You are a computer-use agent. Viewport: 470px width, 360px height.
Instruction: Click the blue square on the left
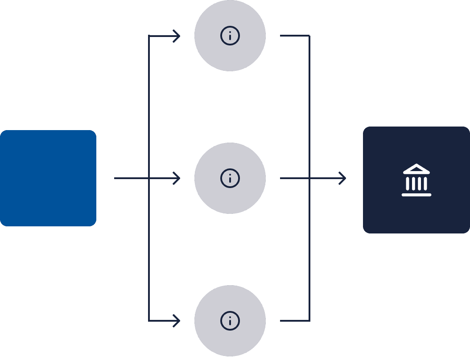tap(48, 178)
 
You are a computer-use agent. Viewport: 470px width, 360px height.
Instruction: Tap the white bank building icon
tap(416, 180)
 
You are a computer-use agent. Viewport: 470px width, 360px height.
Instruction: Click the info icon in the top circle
tap(230, 36)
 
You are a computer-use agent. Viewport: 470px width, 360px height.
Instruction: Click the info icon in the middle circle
tap(230, 178)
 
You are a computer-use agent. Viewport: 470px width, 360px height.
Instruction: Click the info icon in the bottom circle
tap(230, 321)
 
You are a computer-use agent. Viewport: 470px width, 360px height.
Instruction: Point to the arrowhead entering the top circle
tap(177, 36)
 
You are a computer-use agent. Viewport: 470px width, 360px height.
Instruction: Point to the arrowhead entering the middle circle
tap(177, 178)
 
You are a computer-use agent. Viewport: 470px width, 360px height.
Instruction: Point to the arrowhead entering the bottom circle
tap(177, 321)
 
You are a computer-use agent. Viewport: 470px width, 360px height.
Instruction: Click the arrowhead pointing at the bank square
tap(343, 178)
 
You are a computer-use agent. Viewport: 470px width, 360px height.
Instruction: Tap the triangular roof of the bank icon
tap(416, 169)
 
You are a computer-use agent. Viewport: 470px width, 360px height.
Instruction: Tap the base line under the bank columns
tap(416, 195)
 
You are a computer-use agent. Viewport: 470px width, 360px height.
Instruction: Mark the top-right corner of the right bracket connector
tap(309, 36)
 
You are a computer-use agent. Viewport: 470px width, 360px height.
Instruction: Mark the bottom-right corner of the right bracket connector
tap(309, 320)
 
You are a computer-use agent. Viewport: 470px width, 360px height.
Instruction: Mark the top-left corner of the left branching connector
tap(149, 36)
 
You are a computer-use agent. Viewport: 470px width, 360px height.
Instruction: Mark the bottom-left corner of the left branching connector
tap(149, 320)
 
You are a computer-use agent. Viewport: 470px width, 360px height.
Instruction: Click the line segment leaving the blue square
tap(129, 178)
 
